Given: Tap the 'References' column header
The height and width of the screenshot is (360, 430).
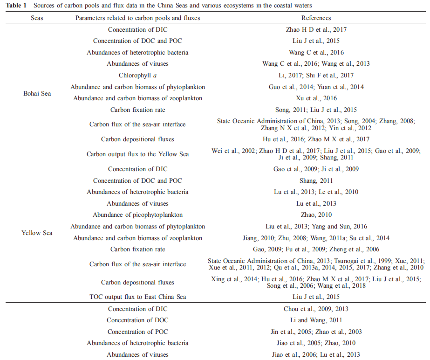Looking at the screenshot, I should point(316,18).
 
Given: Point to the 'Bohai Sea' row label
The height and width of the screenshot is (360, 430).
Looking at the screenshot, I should point(37,93).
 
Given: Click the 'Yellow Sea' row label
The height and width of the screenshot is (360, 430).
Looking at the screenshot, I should point(37,232).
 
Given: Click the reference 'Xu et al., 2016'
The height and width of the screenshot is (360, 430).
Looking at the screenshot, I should point(316,98).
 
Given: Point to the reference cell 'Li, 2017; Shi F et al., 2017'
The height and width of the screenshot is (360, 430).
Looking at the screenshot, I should point(316,75).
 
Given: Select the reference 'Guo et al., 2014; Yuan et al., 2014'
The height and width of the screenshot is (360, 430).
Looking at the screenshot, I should point(316,87).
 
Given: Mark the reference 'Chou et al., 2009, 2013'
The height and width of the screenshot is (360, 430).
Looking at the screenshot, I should point(316,309).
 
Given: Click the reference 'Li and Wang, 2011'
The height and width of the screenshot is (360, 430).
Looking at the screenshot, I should point(316,320).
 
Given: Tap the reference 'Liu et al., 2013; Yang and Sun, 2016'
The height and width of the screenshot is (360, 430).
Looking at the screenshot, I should point(316,226).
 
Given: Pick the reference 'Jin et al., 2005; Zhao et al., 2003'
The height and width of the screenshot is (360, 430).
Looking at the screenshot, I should point(316,332).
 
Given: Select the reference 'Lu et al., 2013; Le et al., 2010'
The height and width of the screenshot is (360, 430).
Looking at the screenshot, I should point(316,192).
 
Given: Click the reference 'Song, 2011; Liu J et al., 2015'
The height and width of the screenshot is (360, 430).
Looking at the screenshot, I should point(316,110).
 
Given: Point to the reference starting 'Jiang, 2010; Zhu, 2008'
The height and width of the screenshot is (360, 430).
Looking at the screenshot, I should point(316,238).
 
